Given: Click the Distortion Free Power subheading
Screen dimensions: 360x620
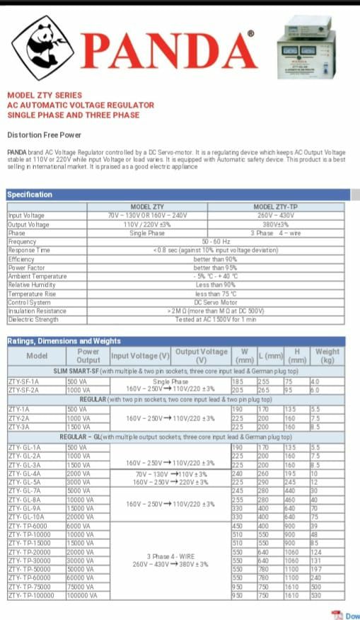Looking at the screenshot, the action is click(44, 135).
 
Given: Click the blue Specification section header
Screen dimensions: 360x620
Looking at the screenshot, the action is click(30, 195).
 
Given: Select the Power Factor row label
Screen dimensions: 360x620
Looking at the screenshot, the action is click(27, 268).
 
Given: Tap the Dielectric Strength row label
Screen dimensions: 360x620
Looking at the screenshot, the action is click(33, 320).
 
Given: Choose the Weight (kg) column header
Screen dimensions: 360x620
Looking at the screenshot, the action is click(327, 355).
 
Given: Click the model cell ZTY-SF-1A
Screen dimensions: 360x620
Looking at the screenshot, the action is click(25, 381).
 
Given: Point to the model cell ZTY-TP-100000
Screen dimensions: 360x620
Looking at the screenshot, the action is click(31, 596).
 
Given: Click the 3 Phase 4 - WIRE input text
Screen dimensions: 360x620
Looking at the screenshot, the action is click(170, 556).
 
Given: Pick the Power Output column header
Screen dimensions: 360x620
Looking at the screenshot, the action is click(88, 355).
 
